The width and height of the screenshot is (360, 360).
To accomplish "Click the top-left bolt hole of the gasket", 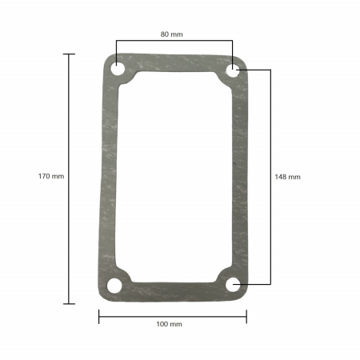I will [118, 70].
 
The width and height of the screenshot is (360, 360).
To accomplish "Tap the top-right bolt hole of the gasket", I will [233, 70].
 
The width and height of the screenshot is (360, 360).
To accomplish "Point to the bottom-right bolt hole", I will [234, 284].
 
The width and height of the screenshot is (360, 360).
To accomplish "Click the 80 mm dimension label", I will [171, 34].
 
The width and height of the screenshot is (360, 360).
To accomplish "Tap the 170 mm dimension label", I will [50, 176].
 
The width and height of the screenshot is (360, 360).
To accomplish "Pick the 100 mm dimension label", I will [170, 324].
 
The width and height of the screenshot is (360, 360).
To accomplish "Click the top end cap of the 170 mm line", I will [69, 54].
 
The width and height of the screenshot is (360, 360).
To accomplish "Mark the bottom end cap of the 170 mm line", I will [69, 303].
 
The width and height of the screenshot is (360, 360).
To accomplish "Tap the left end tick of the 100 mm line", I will [99, 317].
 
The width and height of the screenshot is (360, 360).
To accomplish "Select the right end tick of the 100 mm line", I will [246, 317].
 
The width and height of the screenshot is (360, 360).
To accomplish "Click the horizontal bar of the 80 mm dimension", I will [174, 42].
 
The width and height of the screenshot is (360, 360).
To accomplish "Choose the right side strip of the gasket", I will [242, 176].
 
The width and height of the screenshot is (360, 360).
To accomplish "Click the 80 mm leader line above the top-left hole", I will [116, 51].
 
